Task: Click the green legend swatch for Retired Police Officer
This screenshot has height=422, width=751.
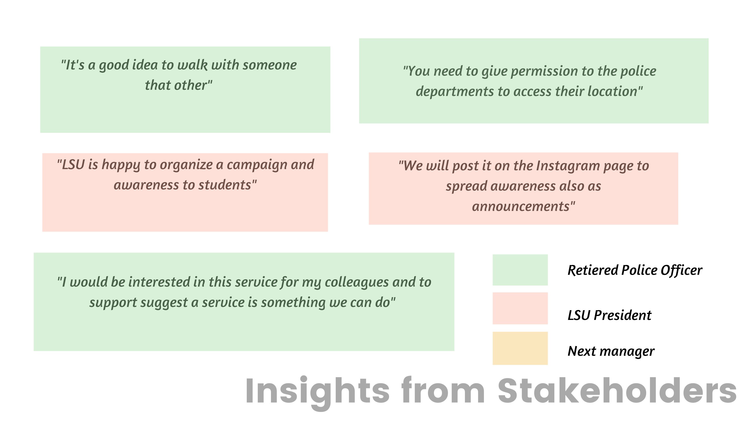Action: [520, 270]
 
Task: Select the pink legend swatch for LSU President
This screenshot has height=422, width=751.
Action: [520, 308]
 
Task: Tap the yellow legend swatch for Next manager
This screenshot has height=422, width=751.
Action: [520, 348]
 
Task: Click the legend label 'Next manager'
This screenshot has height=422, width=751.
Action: [611, 351]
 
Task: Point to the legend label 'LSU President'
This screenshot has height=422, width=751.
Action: [609, 315]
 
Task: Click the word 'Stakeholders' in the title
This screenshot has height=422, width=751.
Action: [617, 390]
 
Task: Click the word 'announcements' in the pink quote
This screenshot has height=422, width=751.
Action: [521, 207]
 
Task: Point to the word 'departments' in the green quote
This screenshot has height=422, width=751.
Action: [455, 92]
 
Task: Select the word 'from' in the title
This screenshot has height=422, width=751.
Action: [443, 390]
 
